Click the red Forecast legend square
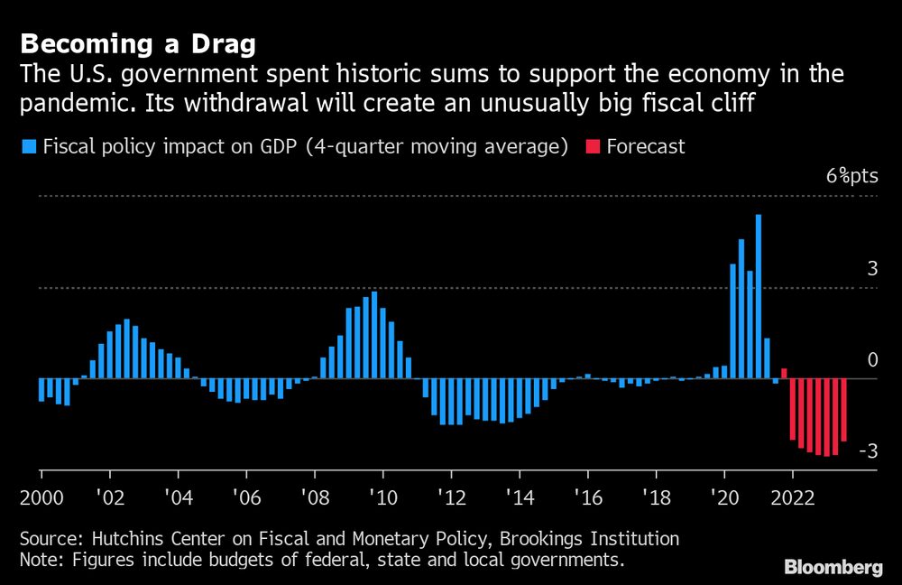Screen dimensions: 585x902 594,146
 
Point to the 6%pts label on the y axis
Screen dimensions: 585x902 851,176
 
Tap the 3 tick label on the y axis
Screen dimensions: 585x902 871,268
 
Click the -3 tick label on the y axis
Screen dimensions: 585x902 867,451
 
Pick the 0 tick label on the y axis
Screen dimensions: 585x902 872,360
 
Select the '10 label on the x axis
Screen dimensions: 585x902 382,497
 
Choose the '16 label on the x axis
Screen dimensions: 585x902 587,497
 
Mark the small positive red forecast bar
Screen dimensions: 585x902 784,373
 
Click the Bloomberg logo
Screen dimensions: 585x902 833,568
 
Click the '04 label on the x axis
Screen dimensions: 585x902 178,497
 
